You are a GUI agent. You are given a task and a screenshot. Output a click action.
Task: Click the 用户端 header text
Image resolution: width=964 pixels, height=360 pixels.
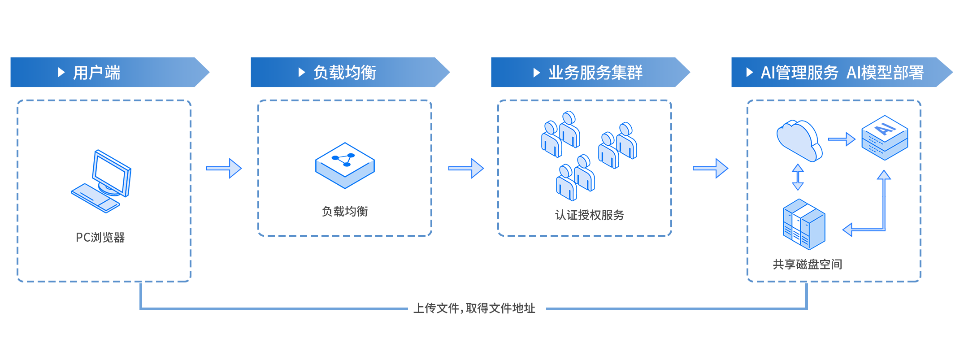coord(96,73)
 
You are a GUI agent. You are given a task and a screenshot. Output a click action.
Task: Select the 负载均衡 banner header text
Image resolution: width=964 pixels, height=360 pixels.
coord(344,73)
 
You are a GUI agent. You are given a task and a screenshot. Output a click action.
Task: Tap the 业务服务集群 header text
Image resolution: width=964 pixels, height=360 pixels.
coord(595,73)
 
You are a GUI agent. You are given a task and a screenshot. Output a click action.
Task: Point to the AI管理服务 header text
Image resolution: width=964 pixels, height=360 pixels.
coord(799,73)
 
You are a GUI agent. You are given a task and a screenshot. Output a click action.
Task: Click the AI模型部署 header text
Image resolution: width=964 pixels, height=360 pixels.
coord(885,73)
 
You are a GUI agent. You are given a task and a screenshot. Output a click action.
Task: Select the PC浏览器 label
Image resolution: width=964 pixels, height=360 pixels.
coord(100,237)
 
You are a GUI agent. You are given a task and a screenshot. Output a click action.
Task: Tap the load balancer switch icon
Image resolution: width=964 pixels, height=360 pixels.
coord(345,165)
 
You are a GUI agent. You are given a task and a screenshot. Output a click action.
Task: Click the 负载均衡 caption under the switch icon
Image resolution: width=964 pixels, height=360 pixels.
coord(344,211)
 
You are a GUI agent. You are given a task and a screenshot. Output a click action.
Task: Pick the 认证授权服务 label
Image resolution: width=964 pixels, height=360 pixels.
coord(589,215)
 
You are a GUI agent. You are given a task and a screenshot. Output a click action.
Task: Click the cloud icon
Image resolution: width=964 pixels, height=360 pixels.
coord(799,140)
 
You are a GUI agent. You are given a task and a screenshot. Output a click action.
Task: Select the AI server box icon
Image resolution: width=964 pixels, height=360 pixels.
coord(884,138)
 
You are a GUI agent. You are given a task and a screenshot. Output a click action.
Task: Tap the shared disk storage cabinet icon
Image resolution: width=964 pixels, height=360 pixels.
coord(803,224)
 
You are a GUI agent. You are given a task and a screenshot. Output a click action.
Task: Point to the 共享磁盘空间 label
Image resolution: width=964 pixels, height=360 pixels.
coord(807,264)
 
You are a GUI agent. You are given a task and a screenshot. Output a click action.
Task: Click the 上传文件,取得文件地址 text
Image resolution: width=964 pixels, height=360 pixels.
coord(474,308)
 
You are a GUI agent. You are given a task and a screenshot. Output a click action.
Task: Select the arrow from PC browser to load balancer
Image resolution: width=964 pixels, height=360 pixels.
coord(224,168)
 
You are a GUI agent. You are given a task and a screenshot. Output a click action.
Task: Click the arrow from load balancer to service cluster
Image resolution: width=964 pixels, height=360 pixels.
coord(466,168)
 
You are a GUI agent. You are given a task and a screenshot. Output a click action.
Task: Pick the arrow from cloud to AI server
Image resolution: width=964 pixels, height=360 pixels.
coord(841,139)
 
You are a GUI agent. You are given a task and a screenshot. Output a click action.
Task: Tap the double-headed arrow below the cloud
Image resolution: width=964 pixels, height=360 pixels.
coord(798,177)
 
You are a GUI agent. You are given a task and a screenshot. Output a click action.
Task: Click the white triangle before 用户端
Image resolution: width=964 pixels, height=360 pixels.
coord(61,72)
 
